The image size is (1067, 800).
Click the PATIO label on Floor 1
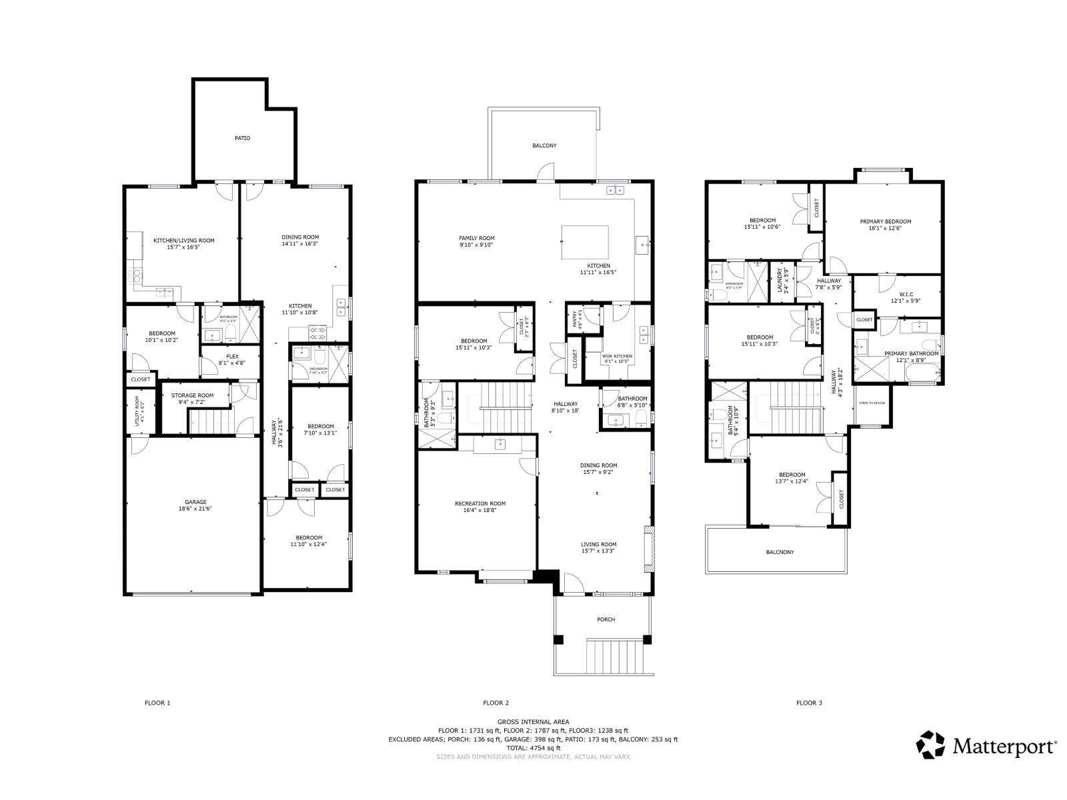pyautogui.click(x=242, y=138)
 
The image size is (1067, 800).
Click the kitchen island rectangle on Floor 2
pyautogui.click(x=585, y=242)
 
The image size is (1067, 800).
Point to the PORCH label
pyautogui.click(x=606, y=619)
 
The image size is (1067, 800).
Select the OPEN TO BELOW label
pyautogui.click(x=872, y=403)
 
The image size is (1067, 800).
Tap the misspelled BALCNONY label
pyautogui.click(x=780, y=552)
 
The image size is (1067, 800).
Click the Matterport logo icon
pyautogui.click(x=930, y=745)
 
